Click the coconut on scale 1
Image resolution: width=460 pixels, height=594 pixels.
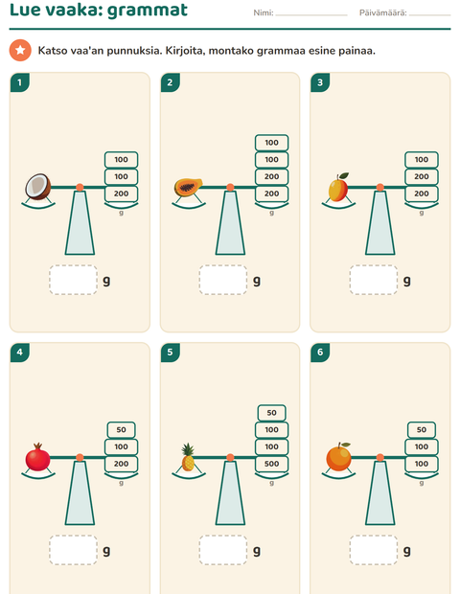[38, 187]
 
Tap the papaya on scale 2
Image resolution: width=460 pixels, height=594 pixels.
[189, 187]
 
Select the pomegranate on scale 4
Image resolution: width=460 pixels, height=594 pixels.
[38, 457]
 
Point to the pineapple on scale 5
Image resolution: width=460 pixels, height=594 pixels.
[188, 457]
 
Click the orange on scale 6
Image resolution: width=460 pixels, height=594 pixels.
[338, 457]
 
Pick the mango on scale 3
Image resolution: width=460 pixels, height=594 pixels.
[338, 188]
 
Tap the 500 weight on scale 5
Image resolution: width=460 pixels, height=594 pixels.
[271, 464]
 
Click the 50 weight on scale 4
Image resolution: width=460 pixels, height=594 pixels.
[122, 430]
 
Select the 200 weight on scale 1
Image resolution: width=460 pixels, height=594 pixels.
[122, 194]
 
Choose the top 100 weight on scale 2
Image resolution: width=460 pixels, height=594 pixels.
[271, 143]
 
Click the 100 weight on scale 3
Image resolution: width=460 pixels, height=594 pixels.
[422, 160]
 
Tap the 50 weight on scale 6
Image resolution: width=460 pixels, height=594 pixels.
[422, 430]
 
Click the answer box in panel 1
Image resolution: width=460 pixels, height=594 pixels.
[73, 280]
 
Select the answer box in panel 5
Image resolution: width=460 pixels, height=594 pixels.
[223, 550]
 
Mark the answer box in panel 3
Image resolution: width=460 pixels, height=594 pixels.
[374, 280]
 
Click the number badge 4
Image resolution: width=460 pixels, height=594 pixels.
[20, 353]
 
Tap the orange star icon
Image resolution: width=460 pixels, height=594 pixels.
[20, 50]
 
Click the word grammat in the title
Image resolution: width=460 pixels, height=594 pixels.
[148, 11]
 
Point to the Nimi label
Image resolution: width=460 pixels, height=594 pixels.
[264, 12]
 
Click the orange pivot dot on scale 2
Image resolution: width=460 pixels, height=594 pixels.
[230, 187]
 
